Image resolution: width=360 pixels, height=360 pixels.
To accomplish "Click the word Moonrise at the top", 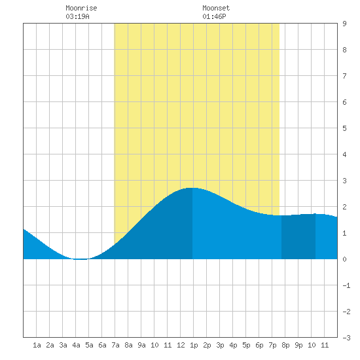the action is click(x=81, y=8).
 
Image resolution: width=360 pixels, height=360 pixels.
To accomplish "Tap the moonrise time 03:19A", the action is click(x=77, y=16).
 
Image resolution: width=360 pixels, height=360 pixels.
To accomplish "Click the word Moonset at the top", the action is click(x=216, y=8).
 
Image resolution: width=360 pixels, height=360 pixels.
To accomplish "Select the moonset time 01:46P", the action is click(x=214, y=16).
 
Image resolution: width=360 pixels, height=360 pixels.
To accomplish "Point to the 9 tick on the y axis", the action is click(x=344, y=24).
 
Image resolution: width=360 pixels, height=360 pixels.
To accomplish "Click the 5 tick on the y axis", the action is click(x=344, y=128).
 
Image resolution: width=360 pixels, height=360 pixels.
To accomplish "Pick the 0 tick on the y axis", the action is click(x=344, y=259).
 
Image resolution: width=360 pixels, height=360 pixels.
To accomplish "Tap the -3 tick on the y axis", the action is click(x=346, y=338).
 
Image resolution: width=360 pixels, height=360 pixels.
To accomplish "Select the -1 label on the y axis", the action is click(x=346, y=285).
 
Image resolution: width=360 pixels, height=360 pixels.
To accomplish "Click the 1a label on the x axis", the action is click(x=37, y=345).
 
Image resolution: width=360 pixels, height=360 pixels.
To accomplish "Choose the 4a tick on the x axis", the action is click(x=76, y=345).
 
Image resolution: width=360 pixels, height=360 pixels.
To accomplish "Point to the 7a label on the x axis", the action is click(x=115, y=345).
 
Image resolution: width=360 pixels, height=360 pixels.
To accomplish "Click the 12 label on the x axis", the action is click(x=181, y=345).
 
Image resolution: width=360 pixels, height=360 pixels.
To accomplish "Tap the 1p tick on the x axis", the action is click(x=194, y=345).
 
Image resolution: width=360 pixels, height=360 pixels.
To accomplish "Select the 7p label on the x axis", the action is click(x=272, y=345).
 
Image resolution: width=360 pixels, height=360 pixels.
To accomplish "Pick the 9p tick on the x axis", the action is click(x=298, y=345).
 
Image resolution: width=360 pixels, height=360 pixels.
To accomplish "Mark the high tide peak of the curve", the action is click(x=192, y=188).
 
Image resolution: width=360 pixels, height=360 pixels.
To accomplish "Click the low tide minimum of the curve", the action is click(x=81, y=259).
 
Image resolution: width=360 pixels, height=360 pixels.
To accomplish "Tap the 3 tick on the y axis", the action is click(x=344, y=181).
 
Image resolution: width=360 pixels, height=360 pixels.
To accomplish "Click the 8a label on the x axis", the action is click(x=128, y=345).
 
